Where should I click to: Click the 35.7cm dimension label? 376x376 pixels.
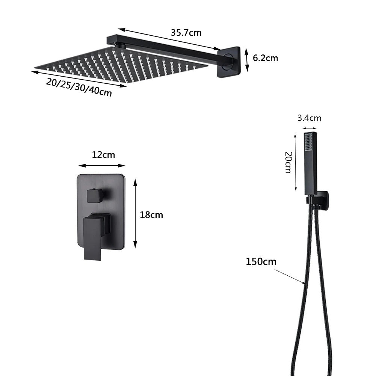186,32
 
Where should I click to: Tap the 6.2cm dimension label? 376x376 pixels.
265,58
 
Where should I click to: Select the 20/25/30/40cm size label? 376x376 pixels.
79,87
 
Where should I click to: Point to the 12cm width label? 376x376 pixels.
103,155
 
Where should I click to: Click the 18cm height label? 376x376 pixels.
151,214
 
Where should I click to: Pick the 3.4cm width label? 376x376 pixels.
310,118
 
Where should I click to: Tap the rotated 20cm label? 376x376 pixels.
288,162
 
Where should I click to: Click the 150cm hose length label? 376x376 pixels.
261,261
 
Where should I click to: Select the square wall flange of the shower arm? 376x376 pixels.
229,62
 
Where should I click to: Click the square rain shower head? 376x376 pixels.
121,65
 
